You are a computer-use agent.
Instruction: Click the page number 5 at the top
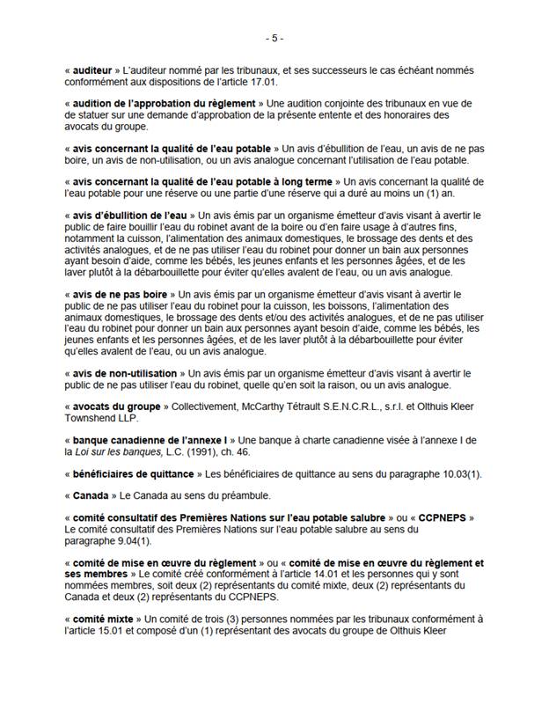click(274, 39)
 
